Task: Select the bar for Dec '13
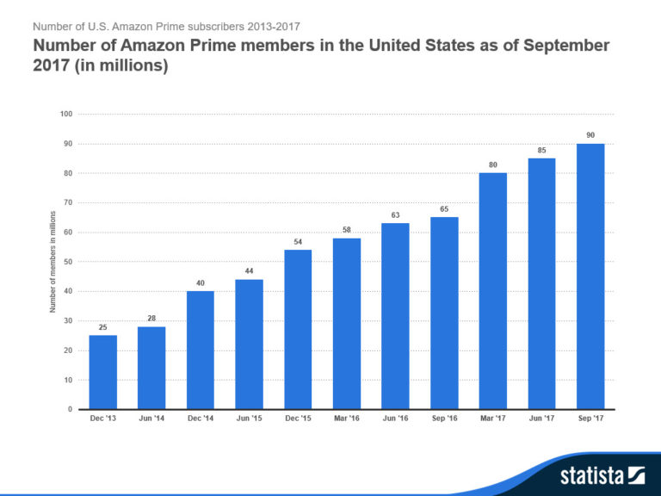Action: [x=102, y=372]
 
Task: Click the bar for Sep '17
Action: [x=590, y=276]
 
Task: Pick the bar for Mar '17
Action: [x=492, y=291]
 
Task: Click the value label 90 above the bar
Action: [x=590, y=135]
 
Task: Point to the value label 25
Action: [x=102, y=327]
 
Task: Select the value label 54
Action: [x=298, y=242]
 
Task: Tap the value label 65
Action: [x=444, y=209]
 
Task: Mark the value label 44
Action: [x=249, y=271]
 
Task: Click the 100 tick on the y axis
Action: [x=66, y=115]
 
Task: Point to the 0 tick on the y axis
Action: [x=70, y=409]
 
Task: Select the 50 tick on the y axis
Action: [x=67, y=262]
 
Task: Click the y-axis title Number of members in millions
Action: [x=53, y=262]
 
